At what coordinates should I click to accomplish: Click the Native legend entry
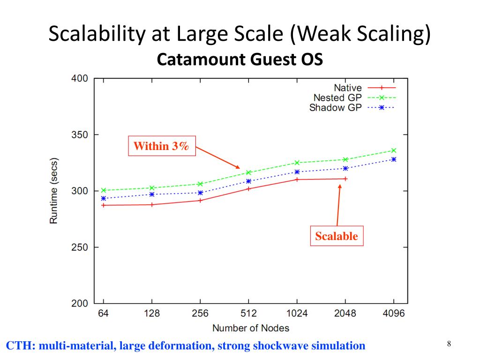coord(347,88)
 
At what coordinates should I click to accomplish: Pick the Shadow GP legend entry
coord(335,107)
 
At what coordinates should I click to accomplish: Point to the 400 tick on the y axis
coord(80,78)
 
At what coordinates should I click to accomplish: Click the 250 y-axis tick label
coord(80,247)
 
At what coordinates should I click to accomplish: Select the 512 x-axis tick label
coord(248,314)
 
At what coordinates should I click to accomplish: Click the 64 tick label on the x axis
coord(103,314)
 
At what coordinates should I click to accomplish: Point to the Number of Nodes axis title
coord(251,328)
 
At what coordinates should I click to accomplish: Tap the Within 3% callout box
coord(162,146)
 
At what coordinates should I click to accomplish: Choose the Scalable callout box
coord(336,236)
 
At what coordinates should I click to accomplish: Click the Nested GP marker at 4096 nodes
coord(394,150)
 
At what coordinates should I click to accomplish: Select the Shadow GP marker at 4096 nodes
coord(394,159)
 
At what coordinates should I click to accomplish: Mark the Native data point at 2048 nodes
coord(345,179)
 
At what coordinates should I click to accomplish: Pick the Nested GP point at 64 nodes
coord(103,190)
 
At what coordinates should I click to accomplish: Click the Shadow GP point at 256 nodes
coord(200,193)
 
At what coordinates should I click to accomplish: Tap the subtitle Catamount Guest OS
coord(240,60)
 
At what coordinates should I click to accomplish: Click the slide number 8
coord(449,345)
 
